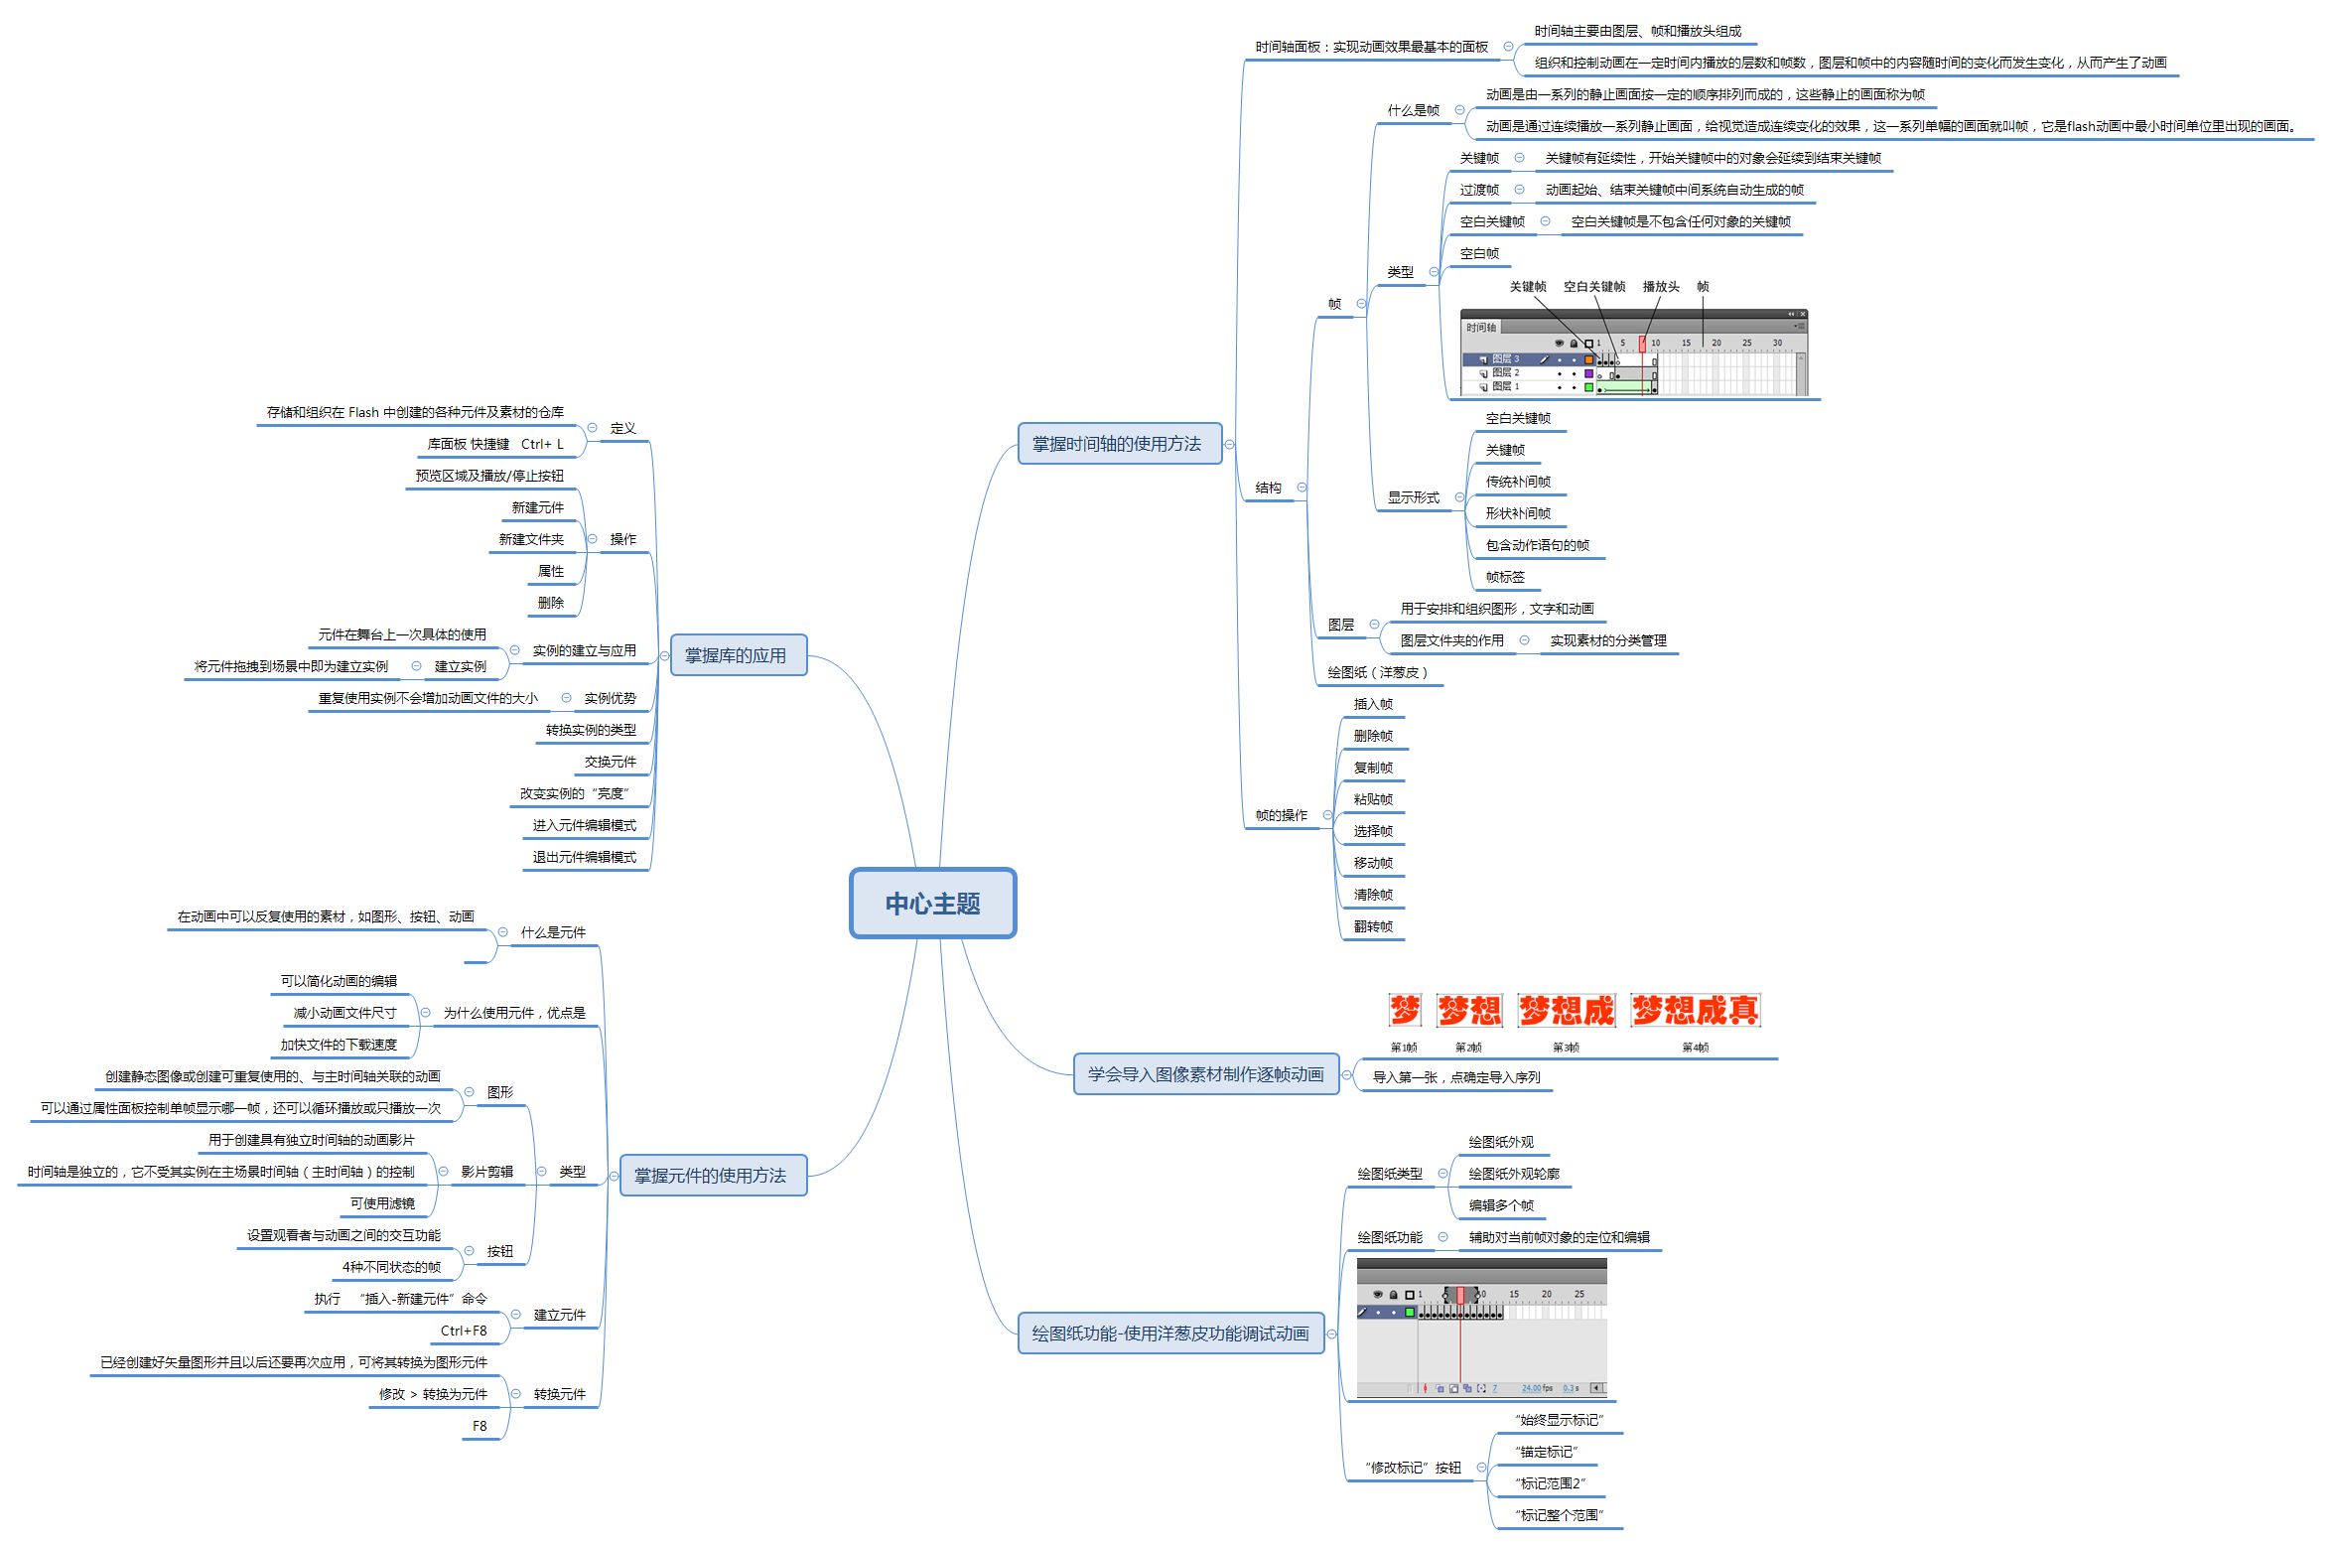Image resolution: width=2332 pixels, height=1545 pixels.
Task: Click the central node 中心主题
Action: point(932,904)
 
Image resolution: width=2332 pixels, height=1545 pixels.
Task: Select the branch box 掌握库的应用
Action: point(738,655)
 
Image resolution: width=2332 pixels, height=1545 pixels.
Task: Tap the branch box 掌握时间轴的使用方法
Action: point(1118,444)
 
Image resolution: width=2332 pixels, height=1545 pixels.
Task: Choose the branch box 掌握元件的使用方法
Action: point(712,1176)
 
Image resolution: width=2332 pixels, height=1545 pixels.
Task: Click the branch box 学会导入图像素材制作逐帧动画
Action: point(1205,1074)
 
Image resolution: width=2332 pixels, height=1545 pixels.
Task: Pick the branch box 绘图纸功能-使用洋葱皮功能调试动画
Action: point(1170,1334)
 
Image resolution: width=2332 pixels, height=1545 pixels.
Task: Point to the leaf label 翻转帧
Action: point(1373,926)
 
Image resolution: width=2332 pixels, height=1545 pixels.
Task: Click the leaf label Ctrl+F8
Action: point(464,1331)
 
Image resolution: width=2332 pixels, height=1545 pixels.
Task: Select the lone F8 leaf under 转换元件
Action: point(480,1426)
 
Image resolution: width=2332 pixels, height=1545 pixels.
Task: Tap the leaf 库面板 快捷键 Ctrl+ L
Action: point(495,444)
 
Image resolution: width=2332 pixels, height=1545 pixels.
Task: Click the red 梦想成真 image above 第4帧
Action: point(1695,1011)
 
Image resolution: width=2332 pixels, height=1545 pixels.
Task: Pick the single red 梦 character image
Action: point(1405,1011)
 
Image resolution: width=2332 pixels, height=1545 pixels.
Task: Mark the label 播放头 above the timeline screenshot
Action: point(1661,287)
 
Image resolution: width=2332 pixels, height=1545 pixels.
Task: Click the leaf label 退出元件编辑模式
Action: point(584,857)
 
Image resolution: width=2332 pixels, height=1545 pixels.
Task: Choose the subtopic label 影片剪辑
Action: point(486,1172)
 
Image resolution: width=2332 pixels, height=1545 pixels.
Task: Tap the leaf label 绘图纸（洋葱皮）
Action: point(1378,672)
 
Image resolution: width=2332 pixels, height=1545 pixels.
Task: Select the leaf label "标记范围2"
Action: point(1550,1483)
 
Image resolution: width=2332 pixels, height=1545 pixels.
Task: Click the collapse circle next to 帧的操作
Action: point(1327,815)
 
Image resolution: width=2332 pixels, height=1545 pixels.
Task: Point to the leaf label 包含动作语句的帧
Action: point(1537,545)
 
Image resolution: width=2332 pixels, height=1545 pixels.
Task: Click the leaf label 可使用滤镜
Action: point(382,1203)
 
